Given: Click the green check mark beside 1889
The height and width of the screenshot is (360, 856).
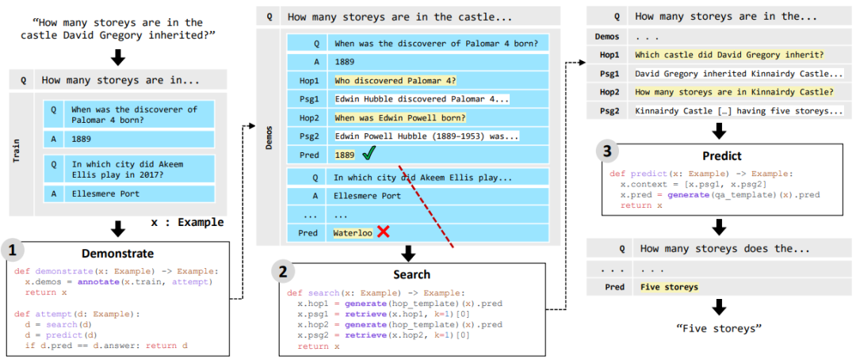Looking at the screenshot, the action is click(368, 155).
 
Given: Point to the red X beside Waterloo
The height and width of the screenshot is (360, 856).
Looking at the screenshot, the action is click(384, 232).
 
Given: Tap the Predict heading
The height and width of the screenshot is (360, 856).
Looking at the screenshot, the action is click(720, 155).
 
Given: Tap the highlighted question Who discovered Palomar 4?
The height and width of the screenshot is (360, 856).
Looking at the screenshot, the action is click(396, 81).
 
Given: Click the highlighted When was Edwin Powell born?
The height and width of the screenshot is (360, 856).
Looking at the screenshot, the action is click(400, 117).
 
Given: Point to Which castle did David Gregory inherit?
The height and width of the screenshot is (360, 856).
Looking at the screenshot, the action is click(729, 55).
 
